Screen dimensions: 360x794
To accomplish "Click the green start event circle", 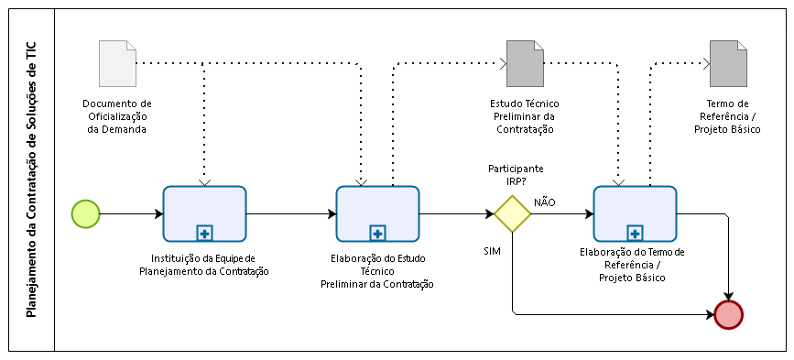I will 85,213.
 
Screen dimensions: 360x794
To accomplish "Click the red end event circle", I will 728,314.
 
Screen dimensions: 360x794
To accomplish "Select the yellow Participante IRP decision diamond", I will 513,214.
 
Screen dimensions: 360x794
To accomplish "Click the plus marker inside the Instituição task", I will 204,232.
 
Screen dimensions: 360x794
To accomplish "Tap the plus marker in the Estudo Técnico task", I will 377,232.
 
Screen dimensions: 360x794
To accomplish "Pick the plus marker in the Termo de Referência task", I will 635,232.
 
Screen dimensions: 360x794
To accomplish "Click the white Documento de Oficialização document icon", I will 117,62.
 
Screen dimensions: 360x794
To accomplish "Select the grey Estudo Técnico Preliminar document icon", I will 525,62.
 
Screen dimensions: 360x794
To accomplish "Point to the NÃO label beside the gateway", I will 545,202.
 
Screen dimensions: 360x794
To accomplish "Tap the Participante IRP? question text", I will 515,175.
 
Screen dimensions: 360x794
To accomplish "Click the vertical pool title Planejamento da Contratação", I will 31,180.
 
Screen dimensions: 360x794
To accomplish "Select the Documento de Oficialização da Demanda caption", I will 117,116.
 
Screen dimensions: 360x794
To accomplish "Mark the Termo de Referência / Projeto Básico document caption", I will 728,116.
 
